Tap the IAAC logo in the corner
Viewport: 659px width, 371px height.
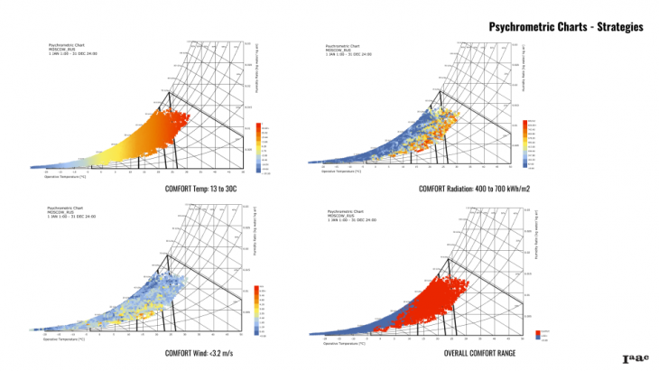(636, 359)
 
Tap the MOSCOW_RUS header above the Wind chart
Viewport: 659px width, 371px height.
(60, 213)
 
